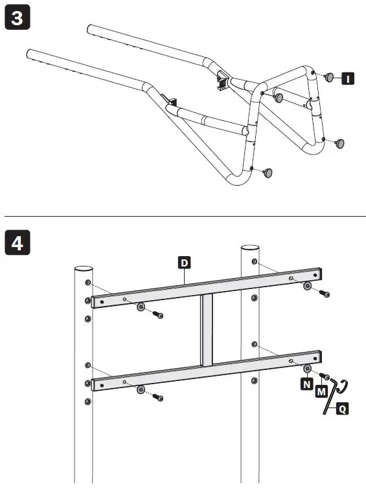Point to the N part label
(305, 384)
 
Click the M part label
(320, 391)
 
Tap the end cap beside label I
(329, 78)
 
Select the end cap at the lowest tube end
(268, 172)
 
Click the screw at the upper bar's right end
(325, 295)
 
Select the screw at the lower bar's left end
(158, 398)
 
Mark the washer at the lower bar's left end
(141, 390)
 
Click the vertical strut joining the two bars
(205, 331)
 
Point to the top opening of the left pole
(82, 268)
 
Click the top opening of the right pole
(250, 248)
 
